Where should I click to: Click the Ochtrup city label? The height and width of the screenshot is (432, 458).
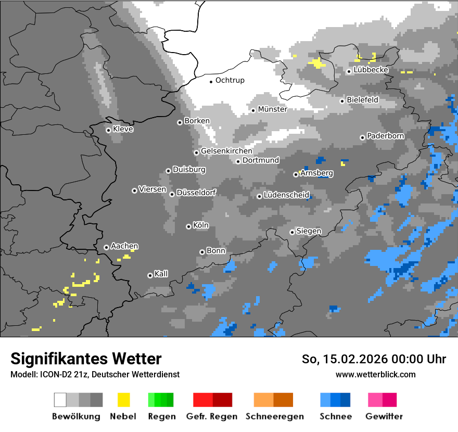point(230,81)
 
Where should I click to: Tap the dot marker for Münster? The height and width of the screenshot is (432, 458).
point(253,110)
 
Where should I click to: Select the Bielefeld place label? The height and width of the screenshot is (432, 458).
point(362,100)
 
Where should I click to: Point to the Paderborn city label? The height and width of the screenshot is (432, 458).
point(385,136)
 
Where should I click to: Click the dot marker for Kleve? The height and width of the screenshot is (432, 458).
point(108,130)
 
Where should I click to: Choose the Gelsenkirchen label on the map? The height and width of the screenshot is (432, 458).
point(226,151)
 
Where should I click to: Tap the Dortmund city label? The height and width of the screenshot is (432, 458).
point(261,160)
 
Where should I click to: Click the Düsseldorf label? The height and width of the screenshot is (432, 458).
point(196,193)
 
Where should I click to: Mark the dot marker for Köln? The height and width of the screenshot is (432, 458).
point(188,226)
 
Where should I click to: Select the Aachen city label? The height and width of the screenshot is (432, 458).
point(124,247)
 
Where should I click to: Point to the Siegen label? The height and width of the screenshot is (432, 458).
point(309,231)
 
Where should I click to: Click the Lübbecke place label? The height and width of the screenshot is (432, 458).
point(371,70)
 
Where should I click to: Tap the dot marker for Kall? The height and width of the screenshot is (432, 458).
point(150,275)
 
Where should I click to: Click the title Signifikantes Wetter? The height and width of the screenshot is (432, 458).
point(86,359)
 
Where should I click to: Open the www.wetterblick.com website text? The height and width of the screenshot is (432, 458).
point(375,375)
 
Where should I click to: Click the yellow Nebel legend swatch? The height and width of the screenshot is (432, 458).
point(123,400)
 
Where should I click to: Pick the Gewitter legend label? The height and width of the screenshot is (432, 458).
point(384,416)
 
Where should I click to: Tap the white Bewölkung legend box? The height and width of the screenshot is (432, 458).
point(60,400)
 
